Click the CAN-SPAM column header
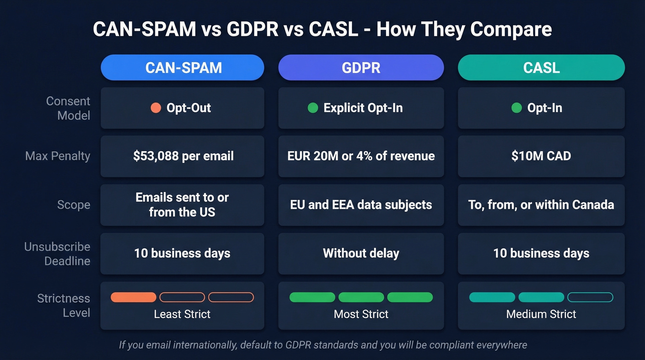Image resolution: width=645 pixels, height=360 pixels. (x=183, y=68)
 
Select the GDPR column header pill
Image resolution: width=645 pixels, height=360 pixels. (x=361, y=68)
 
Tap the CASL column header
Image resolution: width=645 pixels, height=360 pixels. (x=541, y=68)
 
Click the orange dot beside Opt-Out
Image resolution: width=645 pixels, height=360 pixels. (x=156, y=108)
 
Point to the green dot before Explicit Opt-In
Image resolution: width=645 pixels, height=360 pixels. (x=313, y=108)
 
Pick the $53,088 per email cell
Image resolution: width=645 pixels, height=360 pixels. (x=183, y=156)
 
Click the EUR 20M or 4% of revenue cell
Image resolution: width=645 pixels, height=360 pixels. (x=361, y=156)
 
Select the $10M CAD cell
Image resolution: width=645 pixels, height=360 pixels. (x=541, y=156)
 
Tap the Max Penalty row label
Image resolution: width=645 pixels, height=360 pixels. (x=58, y=156)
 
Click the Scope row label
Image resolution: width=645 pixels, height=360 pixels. (x=73, y=205)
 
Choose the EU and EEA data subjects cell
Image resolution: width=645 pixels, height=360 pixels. (x=361, y=205)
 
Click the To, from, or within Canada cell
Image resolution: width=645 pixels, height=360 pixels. (x=541, y=205)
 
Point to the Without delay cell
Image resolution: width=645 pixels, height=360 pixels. (x=361, y=253)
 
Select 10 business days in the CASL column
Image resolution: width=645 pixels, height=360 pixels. (x=541, y=253)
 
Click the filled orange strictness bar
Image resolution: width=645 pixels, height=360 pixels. (x=134, y=297)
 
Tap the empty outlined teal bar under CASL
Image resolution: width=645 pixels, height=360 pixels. (x=590, y=297)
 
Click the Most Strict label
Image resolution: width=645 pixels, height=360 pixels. (x=361, y=314)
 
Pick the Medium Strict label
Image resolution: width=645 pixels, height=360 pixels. (x=541, y=314)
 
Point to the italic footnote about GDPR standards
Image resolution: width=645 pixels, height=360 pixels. (x=322, y=345)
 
